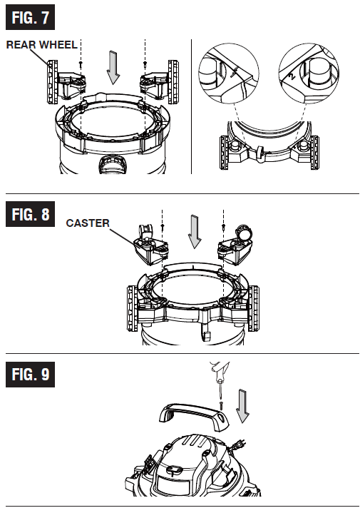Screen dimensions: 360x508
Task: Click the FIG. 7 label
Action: click(30, 17)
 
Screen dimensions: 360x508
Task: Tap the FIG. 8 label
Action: click(30, 214)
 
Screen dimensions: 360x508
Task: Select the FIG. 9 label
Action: click(30, 374)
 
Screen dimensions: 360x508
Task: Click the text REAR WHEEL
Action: click(42, 45)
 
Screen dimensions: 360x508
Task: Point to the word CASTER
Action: click(88, 223)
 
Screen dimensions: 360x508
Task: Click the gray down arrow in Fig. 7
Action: click(113, 67)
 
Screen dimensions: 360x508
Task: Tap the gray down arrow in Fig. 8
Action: click(195, 232)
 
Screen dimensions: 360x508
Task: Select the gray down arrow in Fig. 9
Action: click(242, 406)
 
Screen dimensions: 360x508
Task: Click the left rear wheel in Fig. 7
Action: click(53, 81)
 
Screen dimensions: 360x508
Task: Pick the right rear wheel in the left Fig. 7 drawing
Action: click(173, 81)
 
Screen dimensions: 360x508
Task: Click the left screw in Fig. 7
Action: click(81, 66)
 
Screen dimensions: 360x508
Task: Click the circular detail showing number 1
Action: click(229, 73)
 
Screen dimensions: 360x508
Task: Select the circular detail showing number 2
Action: click(309, 73)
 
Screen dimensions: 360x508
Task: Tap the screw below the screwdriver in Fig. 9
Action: click(222, 405)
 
